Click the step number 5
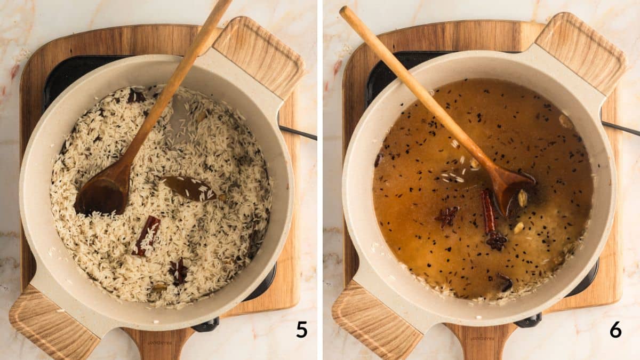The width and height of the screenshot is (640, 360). pyautogui.click(x=302, y=330)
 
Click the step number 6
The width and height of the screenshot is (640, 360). pyautogui.click(x=615, y=330)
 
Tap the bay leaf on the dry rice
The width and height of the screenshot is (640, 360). pyautogui.click(x=189, y=188)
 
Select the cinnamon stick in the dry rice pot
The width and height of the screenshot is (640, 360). pyautogui.click(x=146, y=236)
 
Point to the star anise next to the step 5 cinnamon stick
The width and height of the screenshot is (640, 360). pyautogui.click(x=178, y=271)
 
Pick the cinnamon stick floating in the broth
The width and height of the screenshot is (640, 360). pyautogui.click(x=487, y=211)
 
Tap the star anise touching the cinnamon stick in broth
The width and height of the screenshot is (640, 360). pyautogui.click(x=497, y=241)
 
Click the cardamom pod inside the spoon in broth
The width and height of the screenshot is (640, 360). pyautogui.click(x=523, y=198)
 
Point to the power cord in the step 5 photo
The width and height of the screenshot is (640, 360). pyautogui.click(x=299, y=133)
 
